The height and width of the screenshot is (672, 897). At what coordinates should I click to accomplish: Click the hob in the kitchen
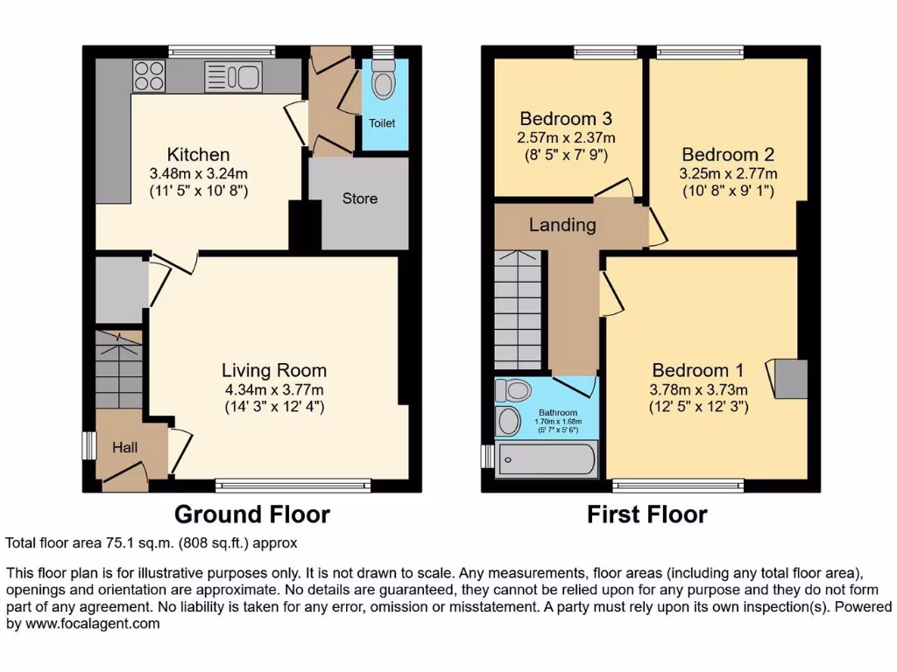click(x=150, y=76)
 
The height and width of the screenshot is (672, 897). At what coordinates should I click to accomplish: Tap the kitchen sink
click(x=232, y=77)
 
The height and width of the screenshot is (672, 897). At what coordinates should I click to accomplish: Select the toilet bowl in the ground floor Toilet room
click(x=383, y=84)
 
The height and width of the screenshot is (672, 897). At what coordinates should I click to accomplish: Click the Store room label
click(x=360, y=199)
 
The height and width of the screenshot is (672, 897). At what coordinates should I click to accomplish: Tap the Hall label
click(x=125, y=447)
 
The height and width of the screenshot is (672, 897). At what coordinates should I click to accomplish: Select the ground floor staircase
click(x=117, y=368)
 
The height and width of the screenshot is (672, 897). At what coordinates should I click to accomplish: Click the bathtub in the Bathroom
click(x=547, y=458)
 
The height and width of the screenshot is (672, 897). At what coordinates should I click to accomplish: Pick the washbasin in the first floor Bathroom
click(x=507, y=422)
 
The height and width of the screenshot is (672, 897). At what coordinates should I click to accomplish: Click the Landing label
click(x=562, y=225)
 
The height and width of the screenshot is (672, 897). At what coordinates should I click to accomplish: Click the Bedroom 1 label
click(x=690, y=370)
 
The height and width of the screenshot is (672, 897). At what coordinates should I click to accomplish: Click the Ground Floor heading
click(x=252, y=514)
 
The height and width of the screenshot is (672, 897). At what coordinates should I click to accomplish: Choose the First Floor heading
click(x=646, y=514)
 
